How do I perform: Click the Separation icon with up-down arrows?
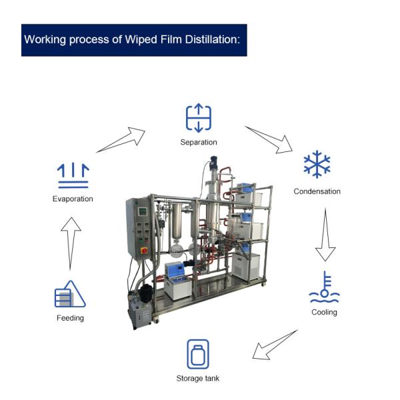coord(198,118)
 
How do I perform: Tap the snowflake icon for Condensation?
coord(317,164)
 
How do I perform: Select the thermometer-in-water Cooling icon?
coord(325,287)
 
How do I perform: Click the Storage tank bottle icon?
coord(197,354)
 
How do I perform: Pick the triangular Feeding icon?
coord(70,294)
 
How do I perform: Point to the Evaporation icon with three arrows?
coord(73,175)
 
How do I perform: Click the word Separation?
coord(198,142)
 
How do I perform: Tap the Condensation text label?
coord(317,191)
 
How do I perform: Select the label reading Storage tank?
coord(197,379)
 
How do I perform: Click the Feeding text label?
coord(70,318)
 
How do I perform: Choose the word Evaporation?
coord(73,199)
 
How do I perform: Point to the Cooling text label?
coord(324,312)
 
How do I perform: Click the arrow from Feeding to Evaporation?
coord(70,244)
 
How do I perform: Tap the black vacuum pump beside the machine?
coord(141,309)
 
